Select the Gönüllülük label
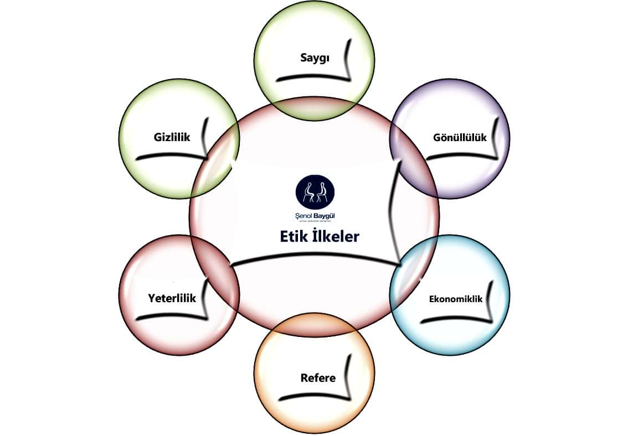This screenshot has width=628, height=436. [460, 137]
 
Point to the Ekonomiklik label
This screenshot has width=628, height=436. [456, 299]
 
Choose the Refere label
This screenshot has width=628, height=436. [318, 378]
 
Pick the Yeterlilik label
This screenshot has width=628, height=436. [172, 298]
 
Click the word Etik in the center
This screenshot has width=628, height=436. [295, 236]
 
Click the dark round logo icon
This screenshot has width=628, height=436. [315, 190]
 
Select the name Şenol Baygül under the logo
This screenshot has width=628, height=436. [315, 214]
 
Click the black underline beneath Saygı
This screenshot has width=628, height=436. [310, 77]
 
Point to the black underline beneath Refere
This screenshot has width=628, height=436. [310, 397]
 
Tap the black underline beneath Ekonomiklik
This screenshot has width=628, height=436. [451, 320]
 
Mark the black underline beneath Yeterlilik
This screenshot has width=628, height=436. [166, 317]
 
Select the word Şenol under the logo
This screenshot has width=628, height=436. [303, 214]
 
